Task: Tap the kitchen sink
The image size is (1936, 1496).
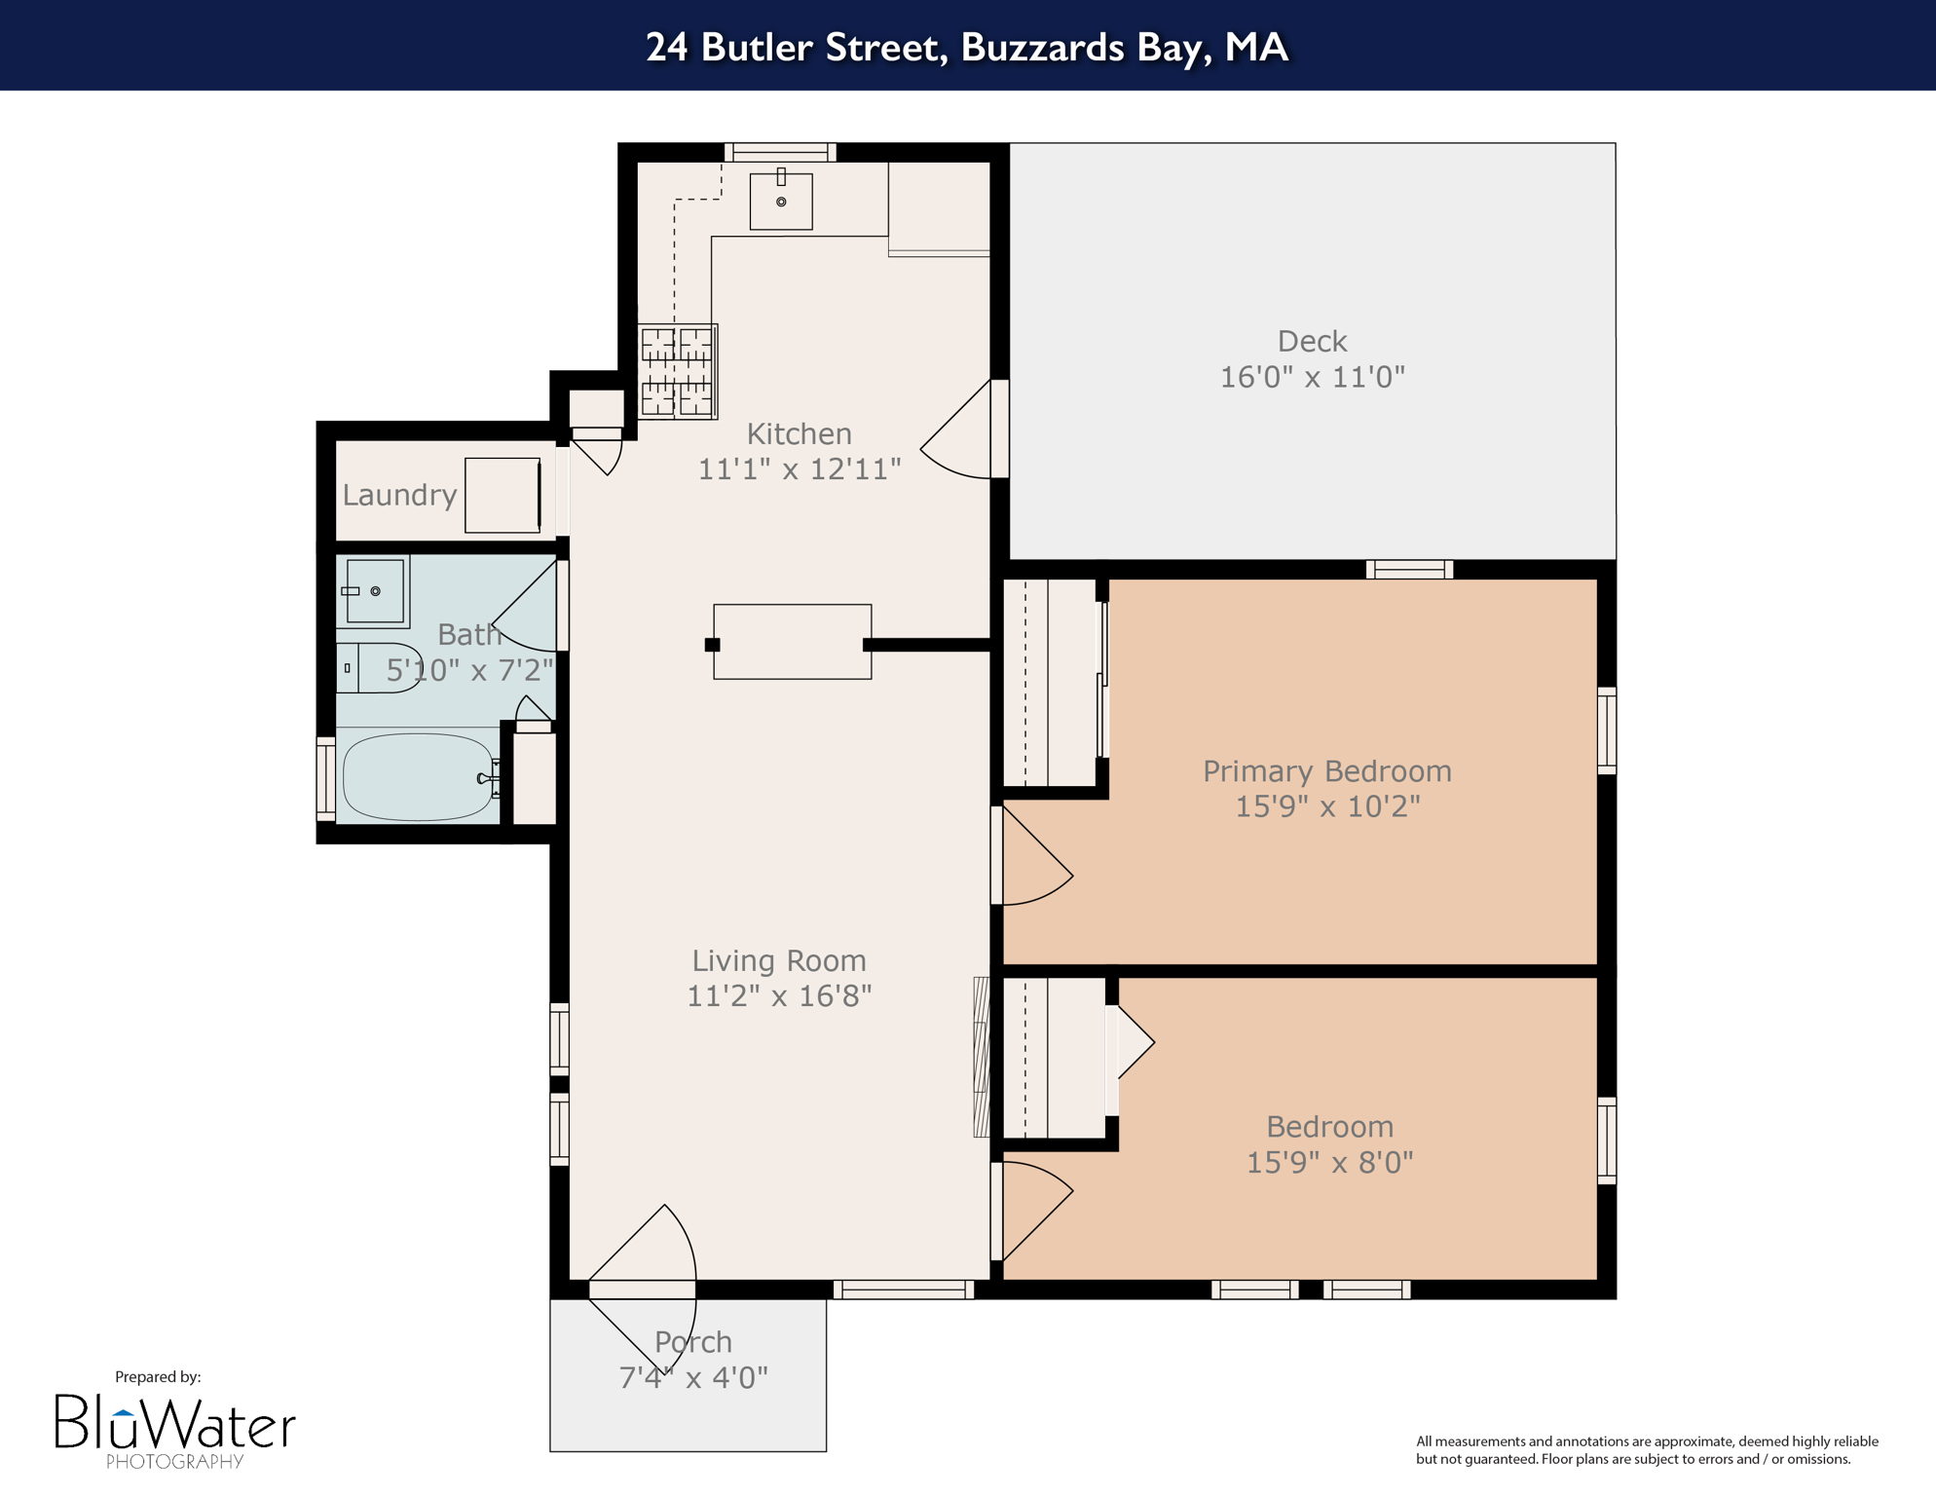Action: tap(781, 202)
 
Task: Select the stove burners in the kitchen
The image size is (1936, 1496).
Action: tap(678, 371)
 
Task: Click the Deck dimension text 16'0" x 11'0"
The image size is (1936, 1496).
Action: tap(1312, 377)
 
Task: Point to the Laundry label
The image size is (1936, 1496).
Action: tap(399, 495)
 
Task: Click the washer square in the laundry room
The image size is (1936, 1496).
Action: tap(503, 495)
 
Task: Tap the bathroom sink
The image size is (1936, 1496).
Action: tap(374, 591)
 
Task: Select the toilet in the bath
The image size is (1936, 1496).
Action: tap(380, 667)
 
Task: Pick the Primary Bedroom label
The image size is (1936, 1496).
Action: tap(1326, 770)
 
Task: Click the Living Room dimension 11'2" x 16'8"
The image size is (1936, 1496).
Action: tap(779, 996)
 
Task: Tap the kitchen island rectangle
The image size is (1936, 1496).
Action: tap(792, 642)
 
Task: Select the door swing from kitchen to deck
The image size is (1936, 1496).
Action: tap(959, 433)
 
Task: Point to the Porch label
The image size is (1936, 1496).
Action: tap(692, 1342)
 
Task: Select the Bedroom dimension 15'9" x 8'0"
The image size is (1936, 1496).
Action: tap(1329, 1162)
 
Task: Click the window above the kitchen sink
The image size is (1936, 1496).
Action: tap(780, 152)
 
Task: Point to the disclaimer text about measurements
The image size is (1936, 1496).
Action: tap(1646, 1449)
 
